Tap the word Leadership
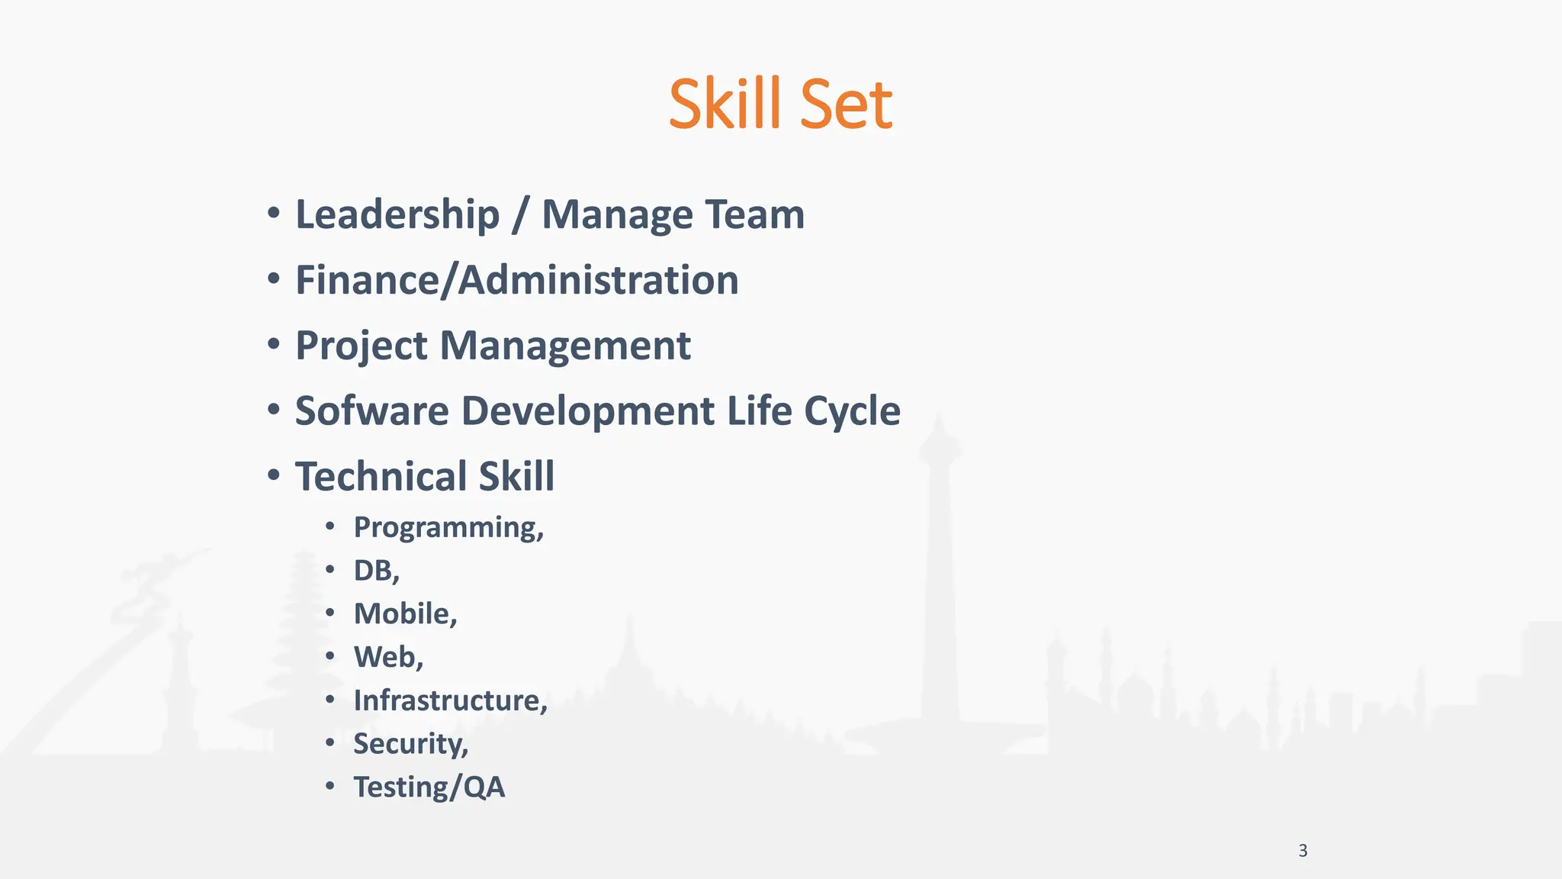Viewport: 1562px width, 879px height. pos(397,214)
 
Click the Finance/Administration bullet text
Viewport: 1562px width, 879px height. pos(517,280)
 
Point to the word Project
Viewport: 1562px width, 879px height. pos(362,346)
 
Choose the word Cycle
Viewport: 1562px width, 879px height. pos(852,411)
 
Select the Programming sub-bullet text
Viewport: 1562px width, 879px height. pos(448,527)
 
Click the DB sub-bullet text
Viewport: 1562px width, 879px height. pos(376,571)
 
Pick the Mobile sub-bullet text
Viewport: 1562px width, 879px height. pos(405,614)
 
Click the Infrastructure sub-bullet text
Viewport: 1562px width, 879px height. pos(450,700)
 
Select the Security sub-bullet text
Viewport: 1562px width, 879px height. pos(410,744)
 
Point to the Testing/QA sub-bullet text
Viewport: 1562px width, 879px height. pos(429,787)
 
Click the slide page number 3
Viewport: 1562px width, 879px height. pos(1303,851)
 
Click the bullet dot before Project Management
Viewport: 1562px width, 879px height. pos(274,344)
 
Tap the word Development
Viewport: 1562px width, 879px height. pos(588,411)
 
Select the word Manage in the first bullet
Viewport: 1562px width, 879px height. pos(618,214)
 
